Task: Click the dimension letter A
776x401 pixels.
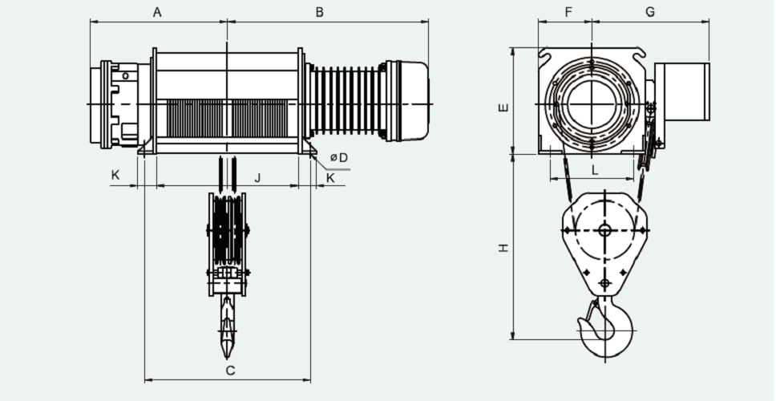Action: pos(157,12)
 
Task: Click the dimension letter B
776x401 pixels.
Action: pos(319,12)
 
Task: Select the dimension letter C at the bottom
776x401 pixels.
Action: pos(230,371)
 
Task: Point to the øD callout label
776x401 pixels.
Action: pos(339,158)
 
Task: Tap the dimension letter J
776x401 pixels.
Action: pos(257,177)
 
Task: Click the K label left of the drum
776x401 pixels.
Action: pos(115,176)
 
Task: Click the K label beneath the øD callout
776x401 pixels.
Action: pos(330,177)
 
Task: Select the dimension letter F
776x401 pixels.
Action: pos(568,12)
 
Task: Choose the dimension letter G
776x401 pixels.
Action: pos(650,12)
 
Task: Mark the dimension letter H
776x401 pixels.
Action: pos(502,249)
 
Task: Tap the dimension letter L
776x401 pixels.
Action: pos(594,170)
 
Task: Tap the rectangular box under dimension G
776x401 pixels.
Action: pos(682,91)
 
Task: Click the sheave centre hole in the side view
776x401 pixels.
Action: pos(604,231)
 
